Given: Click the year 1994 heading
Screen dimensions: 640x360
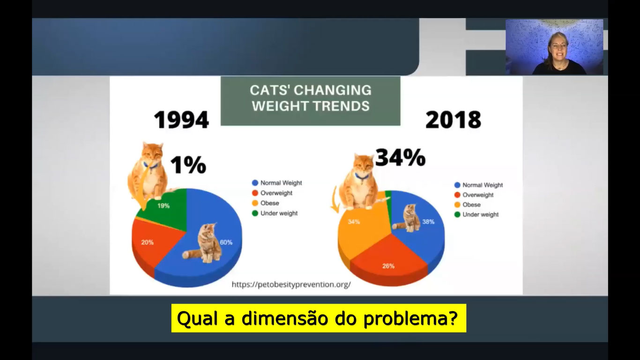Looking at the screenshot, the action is [x=181, y=120].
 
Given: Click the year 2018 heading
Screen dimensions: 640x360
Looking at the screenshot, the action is [x=454, y=120].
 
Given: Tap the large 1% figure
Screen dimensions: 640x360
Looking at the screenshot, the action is [x=188, y=165].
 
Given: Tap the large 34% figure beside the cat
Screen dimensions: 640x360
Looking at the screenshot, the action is [x=400, y=157].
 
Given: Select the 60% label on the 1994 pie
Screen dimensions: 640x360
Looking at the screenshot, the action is [x=226, y=242].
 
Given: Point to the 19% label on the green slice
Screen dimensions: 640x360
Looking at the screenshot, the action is [x=164, y=206].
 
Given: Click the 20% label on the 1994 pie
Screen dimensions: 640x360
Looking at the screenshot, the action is [x=147, y=242].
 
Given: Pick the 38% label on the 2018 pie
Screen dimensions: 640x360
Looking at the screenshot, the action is [x=428, y=222].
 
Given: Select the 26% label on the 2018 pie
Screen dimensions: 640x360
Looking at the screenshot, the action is [x=388, y=266].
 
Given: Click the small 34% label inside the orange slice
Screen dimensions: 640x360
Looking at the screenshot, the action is [x=354, y=222].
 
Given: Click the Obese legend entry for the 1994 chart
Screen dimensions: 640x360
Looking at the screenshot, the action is [x=266, y=203].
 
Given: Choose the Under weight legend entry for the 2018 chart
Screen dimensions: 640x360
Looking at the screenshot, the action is [x=476, y=215].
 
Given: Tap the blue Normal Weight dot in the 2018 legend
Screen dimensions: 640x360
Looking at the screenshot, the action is [x=457, y=185].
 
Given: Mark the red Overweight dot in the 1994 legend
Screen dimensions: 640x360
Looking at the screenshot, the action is [x=255, y=193].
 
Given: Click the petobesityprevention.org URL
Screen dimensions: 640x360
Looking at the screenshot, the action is [x=291, y=285].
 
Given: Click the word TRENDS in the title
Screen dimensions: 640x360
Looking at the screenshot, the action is [x=341, y=106].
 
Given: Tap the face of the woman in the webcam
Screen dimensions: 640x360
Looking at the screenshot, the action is [x=558, y=46].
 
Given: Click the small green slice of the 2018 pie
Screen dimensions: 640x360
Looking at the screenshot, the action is [x=388, y=200].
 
